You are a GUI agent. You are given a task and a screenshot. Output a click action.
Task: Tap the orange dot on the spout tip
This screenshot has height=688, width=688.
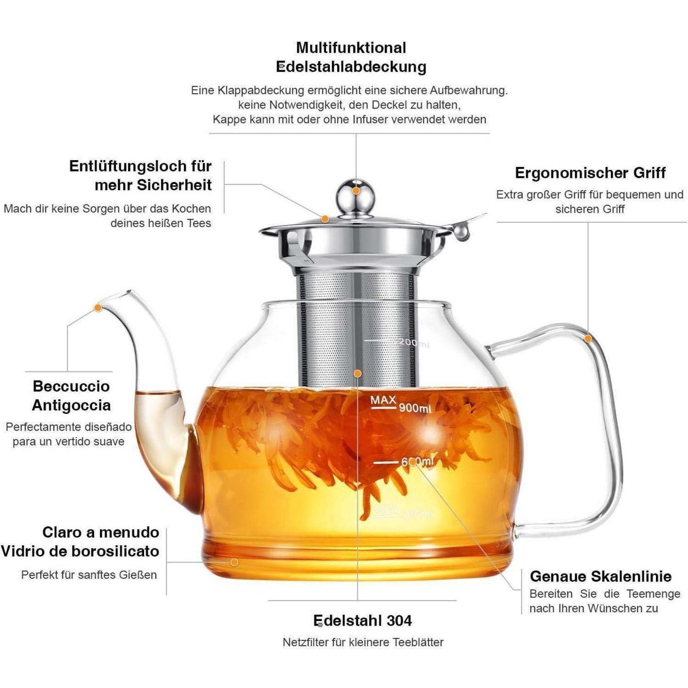coord(98,308)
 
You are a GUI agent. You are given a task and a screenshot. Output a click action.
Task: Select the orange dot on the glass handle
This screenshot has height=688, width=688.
coord(588,338)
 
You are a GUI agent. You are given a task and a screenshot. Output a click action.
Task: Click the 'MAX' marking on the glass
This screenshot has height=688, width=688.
coord(383,400)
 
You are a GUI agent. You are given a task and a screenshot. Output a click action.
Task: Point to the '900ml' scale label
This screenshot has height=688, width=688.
coord(415,408)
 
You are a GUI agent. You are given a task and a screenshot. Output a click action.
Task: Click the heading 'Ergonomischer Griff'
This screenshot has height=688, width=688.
coord(590,173)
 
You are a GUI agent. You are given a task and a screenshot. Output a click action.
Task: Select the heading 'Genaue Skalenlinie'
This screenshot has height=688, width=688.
coord(601,576)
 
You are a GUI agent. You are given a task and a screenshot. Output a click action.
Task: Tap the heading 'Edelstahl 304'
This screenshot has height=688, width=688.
coord(362,621)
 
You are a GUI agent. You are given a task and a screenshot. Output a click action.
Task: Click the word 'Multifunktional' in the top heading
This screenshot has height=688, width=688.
coord(351,47)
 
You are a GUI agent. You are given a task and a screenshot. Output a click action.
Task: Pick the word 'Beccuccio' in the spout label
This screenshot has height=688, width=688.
coord(71,386)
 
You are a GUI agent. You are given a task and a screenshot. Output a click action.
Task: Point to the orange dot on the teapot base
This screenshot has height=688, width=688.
coord(234,562)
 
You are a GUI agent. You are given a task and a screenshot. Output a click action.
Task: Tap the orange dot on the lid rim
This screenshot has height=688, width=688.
coord(325,219)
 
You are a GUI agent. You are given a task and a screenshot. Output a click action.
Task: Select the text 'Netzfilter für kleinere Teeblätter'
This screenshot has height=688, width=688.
coord(363,642)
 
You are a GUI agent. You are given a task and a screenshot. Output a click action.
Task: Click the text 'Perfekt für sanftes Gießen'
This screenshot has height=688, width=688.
coord(89,575)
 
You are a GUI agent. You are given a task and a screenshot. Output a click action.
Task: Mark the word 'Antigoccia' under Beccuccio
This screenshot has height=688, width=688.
coord(71,405)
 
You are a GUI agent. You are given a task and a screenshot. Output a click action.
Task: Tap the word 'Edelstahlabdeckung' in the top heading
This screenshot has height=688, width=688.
coord(351,67)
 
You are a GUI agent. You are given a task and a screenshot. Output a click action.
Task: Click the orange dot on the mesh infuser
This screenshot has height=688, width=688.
coord(357,374)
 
